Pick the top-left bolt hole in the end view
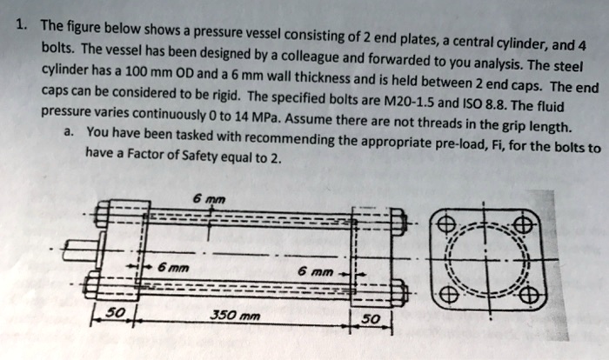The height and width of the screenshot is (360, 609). (x=447, y=226)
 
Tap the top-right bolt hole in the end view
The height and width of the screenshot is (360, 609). (x=522, y=223)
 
